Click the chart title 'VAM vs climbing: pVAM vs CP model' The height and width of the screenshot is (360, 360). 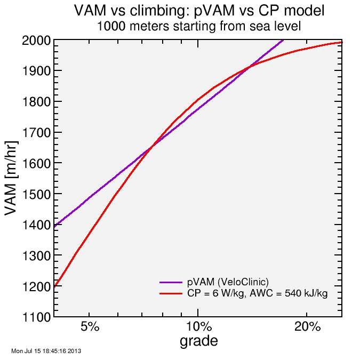199,11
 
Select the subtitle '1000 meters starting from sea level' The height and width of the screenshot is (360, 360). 199,26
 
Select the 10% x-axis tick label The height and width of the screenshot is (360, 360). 197,327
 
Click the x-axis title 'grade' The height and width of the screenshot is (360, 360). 198,341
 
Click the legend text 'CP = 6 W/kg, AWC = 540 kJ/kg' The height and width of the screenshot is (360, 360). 257,293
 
